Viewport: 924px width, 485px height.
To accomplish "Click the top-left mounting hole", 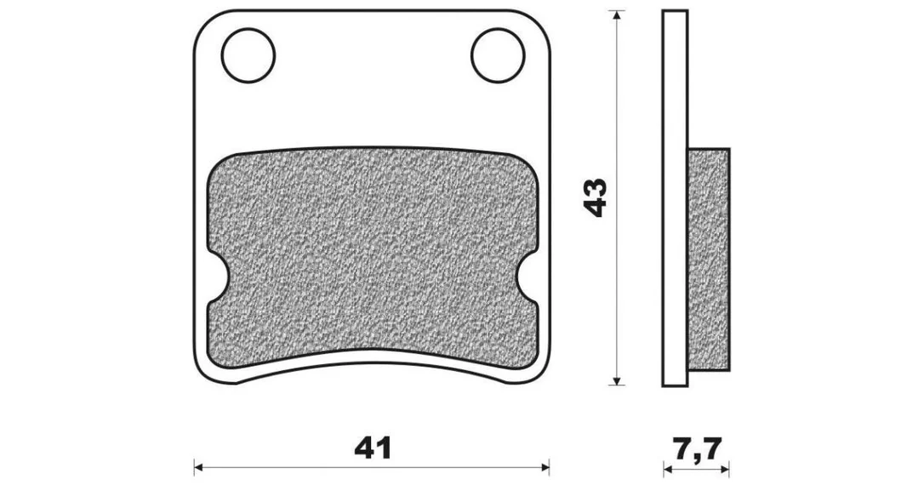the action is pyautogui.click(x=248, y=55).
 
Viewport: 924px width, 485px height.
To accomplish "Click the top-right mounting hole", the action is pyautogui.click(x=498, y=55).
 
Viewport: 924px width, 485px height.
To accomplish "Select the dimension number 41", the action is pyautogui.click(x=373, y=449).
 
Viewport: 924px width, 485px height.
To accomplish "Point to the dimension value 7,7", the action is pyautogui.click(x=696, y=449).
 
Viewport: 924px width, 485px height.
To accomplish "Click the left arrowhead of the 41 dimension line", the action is pyautogui.click(x=200, y=467).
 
